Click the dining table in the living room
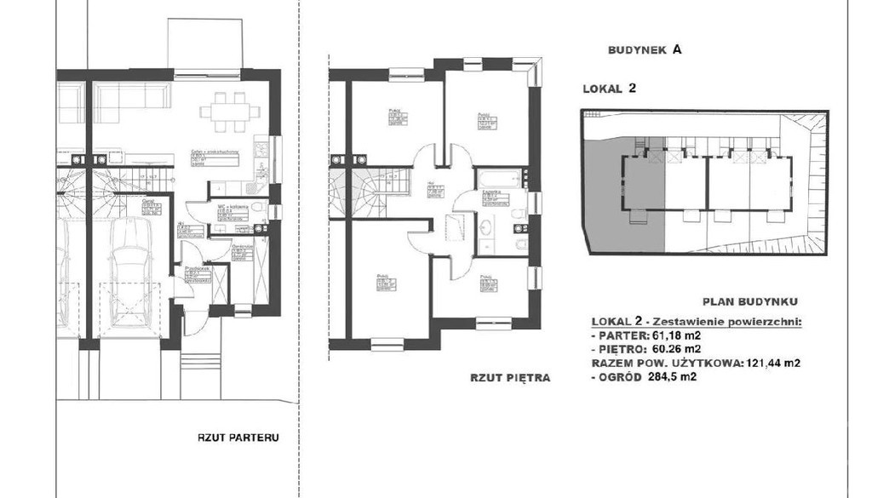[x=226, y=111]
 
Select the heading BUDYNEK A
[x=645, y=50]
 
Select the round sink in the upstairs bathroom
[x=486, y=227]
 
